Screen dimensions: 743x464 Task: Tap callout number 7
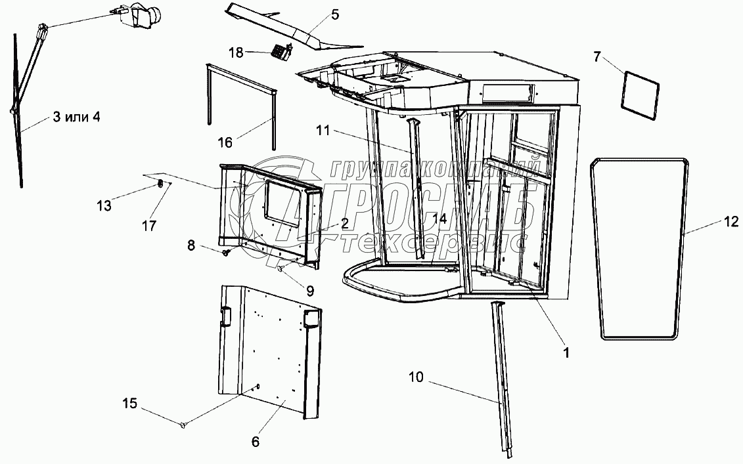coord(597,56)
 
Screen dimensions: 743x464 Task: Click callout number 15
coord(130,403)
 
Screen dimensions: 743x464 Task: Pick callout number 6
coord(255,442)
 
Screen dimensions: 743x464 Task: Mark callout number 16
coord(225,141)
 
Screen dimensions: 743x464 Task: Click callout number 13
coord(103,205)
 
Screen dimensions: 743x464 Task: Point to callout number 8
coord(191,245)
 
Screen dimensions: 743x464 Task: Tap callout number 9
coord(309,289)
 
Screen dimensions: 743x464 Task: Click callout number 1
coord(566,351)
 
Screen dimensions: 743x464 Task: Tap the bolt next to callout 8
coord(227,253)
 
